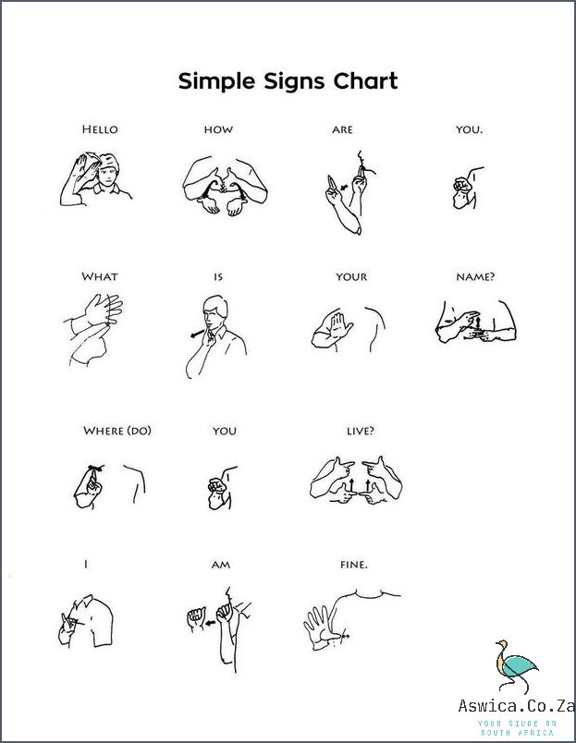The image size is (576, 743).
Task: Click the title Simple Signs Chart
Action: [288, 81]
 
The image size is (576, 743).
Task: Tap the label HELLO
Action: [100, 129]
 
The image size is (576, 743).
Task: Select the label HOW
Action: [218, 129]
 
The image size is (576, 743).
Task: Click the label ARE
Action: [342, 129]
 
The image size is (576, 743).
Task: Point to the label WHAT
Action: [100, 276]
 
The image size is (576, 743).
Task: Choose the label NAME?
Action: [475, 276]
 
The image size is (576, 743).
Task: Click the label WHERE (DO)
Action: [117, 431]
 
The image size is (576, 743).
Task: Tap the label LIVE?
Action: [361, 431]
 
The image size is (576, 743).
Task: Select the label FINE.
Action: [354, 565]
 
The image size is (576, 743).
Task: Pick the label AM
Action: [221, 565]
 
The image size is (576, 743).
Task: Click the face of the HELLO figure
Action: [107, 174]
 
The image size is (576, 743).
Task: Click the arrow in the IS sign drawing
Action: [197, 333]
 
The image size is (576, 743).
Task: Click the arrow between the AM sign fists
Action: [210, 623]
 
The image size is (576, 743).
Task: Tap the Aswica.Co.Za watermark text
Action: [517, 705]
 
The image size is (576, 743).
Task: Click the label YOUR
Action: [351, 276]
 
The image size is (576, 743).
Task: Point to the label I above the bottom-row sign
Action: [86, 565]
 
